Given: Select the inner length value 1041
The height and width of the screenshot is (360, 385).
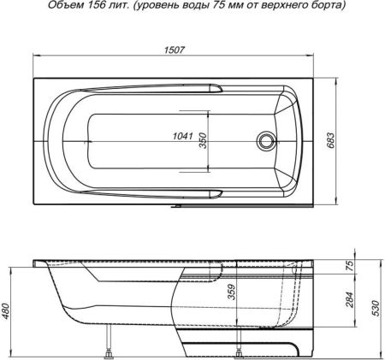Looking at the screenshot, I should [181, 136].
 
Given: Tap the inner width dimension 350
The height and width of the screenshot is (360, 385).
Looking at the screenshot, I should [204, 139].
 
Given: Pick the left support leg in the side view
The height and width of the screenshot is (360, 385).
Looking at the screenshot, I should [109, 351].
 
